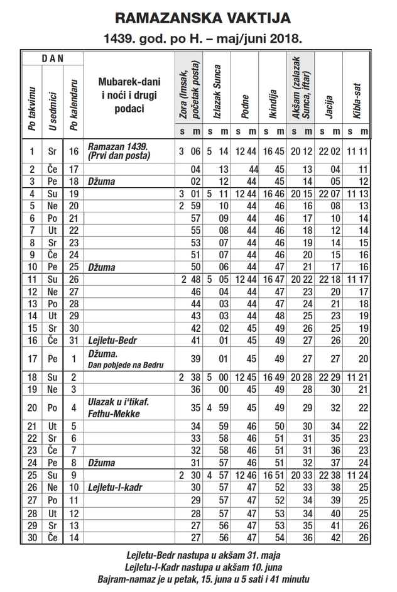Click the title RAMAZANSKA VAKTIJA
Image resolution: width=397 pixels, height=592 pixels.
[x=198, y=17]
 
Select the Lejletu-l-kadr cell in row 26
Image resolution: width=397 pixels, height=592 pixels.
[x=114, y=486]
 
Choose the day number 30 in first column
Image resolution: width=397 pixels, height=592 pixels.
[x=31, y=537]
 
